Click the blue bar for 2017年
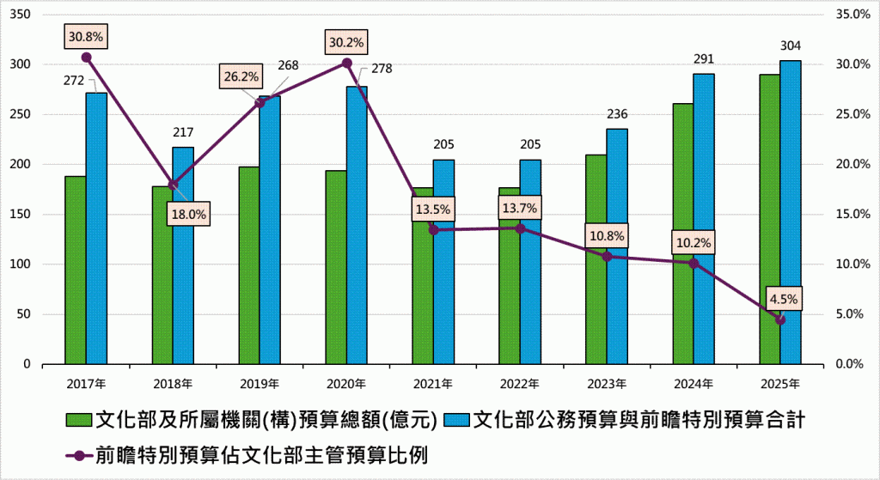[96, 228]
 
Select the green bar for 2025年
[769, 219]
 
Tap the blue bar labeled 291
[704, 219]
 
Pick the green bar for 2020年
[335, 266]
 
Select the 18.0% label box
[186, 216]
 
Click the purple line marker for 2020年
[346, 63]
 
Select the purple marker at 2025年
[780, 319]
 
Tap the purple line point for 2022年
[520, 228]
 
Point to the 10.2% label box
[694, 243]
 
